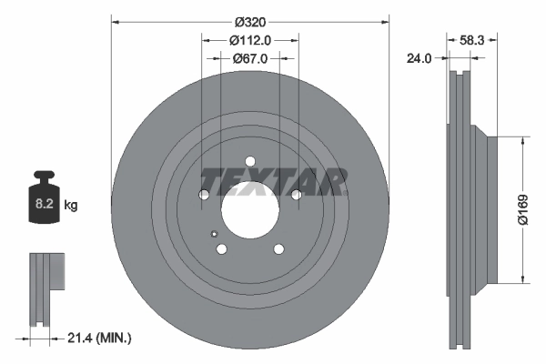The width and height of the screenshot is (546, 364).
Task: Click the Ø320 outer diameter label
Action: pyautogui.click(x=249, y=22)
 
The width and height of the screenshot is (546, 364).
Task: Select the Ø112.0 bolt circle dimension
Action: pyautogui.click(x=249, y=40)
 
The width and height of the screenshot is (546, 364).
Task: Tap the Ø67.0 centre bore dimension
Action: pyautogui.click(x=249, y=59)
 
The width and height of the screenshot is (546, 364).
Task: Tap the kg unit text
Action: pyautogui.click(x=71, y=206)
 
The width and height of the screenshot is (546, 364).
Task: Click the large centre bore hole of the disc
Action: pyautogui.click(x=249, y=203)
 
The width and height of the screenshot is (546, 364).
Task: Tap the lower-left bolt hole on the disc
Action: pyautogui.click(x=221, y=248)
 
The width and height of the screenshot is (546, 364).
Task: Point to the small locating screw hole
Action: pyautogui.click(x=214, y=232)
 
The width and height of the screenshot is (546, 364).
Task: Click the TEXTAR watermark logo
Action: pyautogui.click(x=273, y=182)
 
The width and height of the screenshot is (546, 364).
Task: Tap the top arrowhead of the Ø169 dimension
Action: pyautogui.click(x=523, y=141)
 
